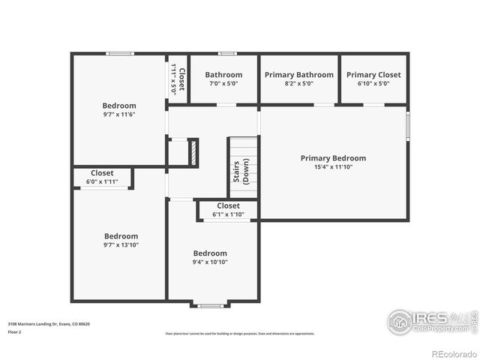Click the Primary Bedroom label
pos(333,158)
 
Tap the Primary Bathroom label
pos(298,75)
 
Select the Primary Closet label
pos(373,75)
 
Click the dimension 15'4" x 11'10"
pos(333,167)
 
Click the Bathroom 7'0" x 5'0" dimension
pos(223,84)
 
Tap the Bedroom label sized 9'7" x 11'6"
pos(119,106)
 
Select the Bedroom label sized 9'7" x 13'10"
pos(121,235)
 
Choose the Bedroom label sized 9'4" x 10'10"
pos(210,253)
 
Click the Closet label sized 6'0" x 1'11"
pos(102,173)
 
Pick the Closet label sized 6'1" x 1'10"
pos(228,205)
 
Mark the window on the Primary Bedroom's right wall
pos(408,125)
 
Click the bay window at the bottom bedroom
pos(210,304)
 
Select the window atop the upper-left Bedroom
pos(119,53)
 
